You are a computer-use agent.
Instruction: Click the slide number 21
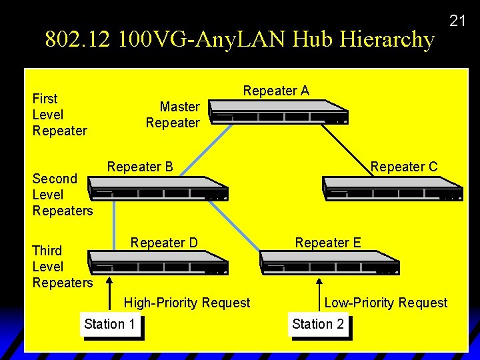[457, 21]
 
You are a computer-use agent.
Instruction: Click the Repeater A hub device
[279, 112]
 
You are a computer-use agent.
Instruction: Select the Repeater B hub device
[159, 189]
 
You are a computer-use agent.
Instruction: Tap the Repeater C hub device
[392, 189]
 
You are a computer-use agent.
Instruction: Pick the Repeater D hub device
[159, 263]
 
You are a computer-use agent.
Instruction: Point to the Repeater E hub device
[329, 263]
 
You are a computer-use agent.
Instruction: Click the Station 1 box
[111, 325]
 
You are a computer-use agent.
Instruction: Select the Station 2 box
[319, 325]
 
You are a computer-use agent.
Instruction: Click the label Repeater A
[276, 91]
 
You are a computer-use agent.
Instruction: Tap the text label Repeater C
[404, 167]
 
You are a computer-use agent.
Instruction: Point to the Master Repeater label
[173, 115]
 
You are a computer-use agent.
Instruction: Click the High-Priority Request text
[187, 303]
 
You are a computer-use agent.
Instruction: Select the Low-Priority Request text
[385, 303]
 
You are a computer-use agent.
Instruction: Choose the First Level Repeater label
[59, 115]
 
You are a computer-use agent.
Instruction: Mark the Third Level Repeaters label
[62, 267]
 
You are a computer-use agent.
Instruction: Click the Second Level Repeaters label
[62, 195]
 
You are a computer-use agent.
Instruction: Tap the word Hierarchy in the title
[387, 39]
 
